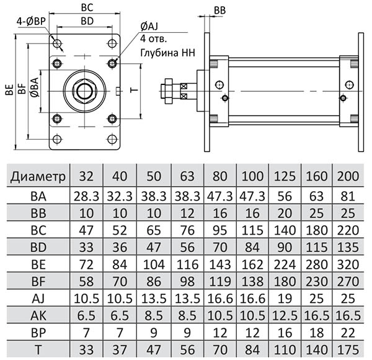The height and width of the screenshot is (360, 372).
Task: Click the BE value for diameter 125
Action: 285,264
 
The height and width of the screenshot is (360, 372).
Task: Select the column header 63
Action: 187,176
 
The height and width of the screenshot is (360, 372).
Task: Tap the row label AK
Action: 38,315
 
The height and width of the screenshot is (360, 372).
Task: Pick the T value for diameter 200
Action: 348,349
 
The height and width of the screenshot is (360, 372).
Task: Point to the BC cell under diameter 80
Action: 220,230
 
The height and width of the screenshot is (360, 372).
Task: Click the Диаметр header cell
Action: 38,176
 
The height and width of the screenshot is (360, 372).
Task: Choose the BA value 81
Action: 348,196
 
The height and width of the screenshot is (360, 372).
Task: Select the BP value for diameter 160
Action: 316,333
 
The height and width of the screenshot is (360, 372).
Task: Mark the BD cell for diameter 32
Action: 86,247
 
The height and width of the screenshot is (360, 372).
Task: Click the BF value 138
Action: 252,281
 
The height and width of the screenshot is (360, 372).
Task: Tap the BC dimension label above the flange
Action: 87,8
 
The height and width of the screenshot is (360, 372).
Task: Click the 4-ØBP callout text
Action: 31,22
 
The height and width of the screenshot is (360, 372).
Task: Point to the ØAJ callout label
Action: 149,27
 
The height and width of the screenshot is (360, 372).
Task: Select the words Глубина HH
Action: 168,53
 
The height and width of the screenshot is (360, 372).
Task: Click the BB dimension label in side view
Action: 219,11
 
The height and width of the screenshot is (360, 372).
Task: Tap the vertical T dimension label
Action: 135,90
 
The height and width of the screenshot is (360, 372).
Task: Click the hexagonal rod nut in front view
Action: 84,91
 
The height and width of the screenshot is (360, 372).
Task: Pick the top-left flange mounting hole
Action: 57,43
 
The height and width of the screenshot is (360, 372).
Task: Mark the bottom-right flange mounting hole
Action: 112,139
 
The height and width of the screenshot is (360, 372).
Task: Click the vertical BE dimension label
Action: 9,89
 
